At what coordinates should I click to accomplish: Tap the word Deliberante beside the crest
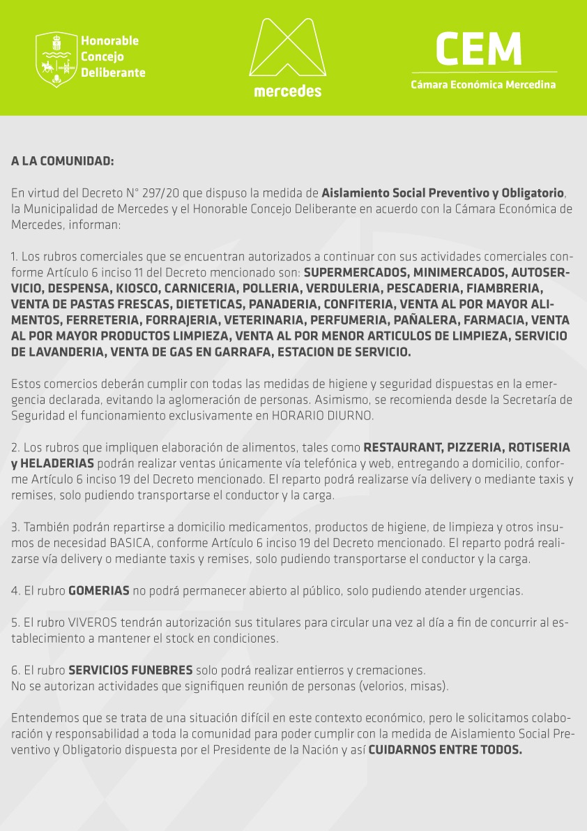[113, 73]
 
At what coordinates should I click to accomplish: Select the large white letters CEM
[478, 49]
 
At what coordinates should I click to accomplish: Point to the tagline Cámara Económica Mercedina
[483, 85]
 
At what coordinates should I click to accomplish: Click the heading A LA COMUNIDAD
[62, 161]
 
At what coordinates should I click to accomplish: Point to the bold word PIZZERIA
[469, 447]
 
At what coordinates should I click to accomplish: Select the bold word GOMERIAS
[98, 591]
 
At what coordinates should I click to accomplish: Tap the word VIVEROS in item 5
[90, 623]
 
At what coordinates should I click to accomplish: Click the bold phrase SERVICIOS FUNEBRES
[130, 671]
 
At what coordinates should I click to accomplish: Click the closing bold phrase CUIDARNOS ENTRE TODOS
[445, 751]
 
